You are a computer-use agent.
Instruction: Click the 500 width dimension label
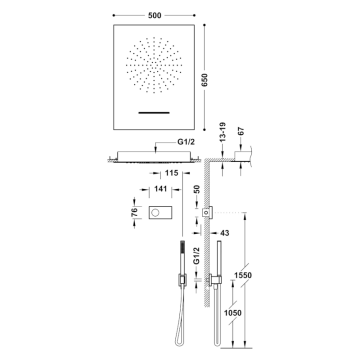point(154,15)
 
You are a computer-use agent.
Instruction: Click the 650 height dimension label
point(204,80)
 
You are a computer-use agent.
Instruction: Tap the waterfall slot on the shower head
point(154,112)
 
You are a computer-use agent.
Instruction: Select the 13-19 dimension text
point(222,131)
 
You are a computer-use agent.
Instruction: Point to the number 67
point(240,131)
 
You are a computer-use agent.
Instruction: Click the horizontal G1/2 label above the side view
point(186,142)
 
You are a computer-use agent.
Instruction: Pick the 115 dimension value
point(171,172)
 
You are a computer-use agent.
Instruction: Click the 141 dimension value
point(160,188)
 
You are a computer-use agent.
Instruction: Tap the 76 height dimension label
point(134,212)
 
